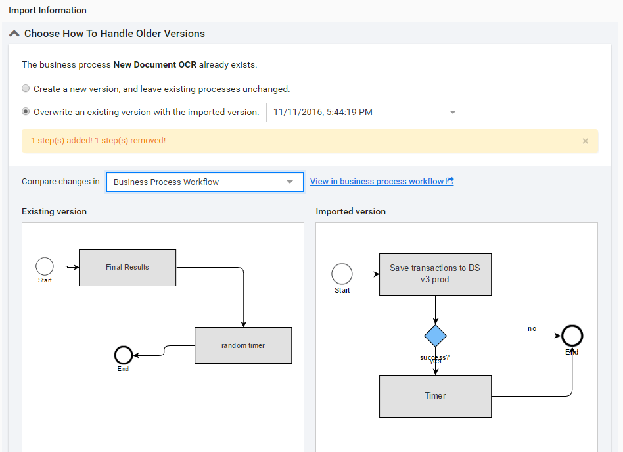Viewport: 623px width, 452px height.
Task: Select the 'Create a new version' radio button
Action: [x=26, y=88]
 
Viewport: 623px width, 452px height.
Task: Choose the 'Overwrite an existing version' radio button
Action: [x=26, y=111]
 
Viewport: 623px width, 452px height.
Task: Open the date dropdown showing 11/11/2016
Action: [x=364, y=113]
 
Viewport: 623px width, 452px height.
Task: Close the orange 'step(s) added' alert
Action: [x=586, y=141]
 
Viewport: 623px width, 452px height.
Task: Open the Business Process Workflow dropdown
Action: [x=205, y=182]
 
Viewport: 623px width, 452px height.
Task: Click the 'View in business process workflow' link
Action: [x=381, y=182]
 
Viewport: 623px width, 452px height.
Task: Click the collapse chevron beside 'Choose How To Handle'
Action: [x=14, y=34]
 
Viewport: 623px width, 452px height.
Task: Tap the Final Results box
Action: [x=127, y=267]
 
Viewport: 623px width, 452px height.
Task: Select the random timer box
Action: [x=243, y=345]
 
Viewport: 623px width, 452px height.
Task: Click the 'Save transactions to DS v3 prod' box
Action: [x=435, y=274]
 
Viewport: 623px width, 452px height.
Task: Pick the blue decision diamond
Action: [x=436, y=336]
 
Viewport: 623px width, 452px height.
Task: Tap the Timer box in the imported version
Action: [x=435, y=396]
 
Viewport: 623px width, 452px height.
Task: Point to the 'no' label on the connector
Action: [x=532, y=329]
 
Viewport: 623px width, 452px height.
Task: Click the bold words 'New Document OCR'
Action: [x=155, y=64]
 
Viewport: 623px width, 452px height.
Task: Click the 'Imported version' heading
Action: [x=351, y=211]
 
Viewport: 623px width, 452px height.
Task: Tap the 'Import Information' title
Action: [x=48, y=11]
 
